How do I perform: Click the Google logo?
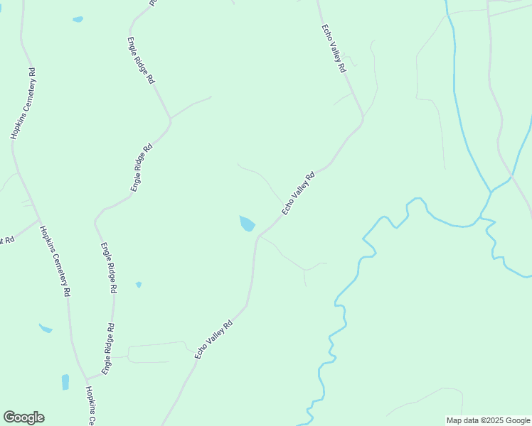tap(23, 417)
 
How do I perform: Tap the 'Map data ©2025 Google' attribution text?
tap(488, 420)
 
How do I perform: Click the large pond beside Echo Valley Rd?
tap(247, 224)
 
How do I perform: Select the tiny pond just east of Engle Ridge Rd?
tap(139, 285)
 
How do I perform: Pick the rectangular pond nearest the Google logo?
tap(65, 382)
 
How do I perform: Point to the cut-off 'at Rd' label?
tap(7, 240)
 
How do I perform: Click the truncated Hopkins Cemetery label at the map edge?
tap(90, 406)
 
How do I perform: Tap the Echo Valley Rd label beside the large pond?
tap(297, 194)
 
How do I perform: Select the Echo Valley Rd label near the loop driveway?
tap(213, 340)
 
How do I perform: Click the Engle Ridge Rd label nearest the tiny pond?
tap(109, 268)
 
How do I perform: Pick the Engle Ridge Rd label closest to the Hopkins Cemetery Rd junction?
tap(107, 349)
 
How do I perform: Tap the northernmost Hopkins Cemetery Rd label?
tap(23, 104)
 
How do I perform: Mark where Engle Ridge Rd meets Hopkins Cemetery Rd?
tap(86, 378)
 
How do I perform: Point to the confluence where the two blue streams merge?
tap(491, 190)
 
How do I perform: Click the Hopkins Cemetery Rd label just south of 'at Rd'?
tap(55, 261)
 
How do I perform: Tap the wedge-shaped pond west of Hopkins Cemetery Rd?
tap(46, 328)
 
